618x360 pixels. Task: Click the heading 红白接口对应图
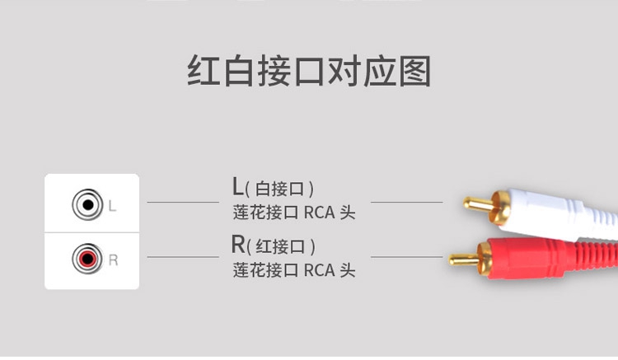[308, 72]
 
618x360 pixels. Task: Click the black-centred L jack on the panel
[86, 203]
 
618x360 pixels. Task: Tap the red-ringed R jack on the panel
[86, 260]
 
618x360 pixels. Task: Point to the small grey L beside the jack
[113, 203]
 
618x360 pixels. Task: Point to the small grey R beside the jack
[114, 261]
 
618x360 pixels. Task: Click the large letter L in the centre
[238, 187]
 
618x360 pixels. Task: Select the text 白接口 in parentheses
[281, 189]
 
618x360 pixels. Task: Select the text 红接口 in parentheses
[281, 246]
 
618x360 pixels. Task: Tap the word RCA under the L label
[319, 213]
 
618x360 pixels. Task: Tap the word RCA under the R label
[319, 269]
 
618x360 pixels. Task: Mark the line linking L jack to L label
[182, 202]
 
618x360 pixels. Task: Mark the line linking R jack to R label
[182, 257]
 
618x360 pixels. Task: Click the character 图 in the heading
[414, 72]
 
